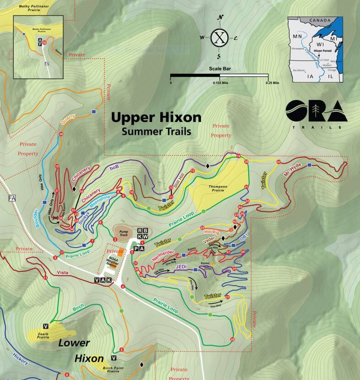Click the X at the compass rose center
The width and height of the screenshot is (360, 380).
point(220,38)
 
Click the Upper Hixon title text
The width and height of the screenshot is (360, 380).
point(156,118)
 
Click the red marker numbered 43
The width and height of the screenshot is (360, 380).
point(278,162)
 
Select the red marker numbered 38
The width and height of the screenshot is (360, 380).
point(61,134)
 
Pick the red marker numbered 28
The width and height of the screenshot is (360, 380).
point(232,340)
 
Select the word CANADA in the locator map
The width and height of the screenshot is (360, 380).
point(319,21)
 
